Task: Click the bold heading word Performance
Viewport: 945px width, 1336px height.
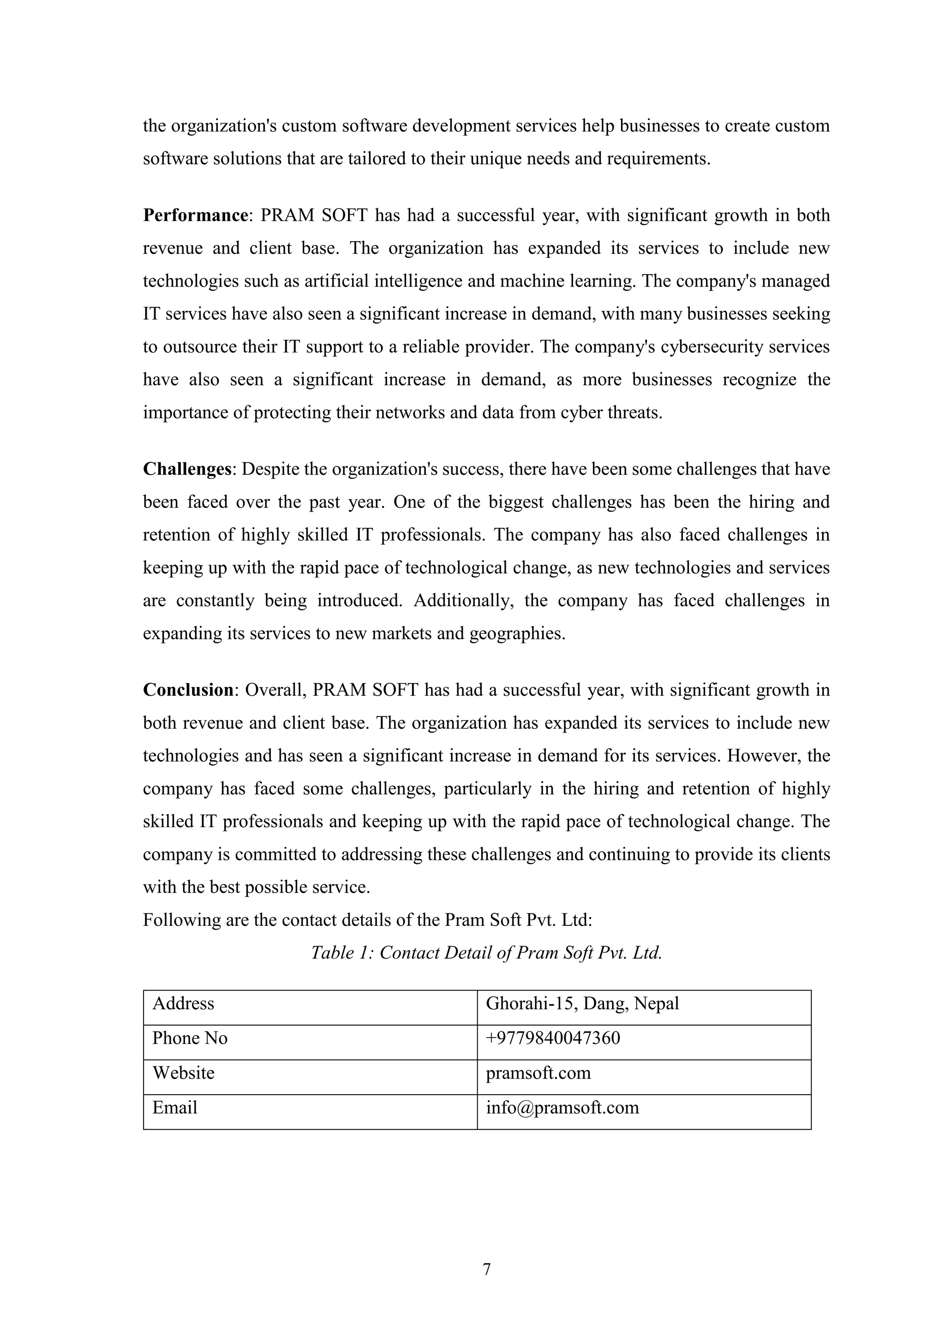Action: [x=196, y=216]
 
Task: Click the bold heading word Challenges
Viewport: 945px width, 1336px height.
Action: [x=187, y=469]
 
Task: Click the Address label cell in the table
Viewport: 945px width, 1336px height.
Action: [x=183, y=1003]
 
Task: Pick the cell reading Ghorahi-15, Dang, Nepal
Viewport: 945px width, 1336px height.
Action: [x=582, y=1003]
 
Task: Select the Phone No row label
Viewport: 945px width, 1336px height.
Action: [x=190, y=1038]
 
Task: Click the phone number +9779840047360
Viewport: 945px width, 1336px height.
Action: [x=553, y=1038]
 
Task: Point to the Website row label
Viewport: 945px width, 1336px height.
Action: [x=183, y=1073]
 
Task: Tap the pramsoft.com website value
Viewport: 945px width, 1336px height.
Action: [x=538, y=1073]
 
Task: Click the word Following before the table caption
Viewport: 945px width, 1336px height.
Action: [x=179, y=920]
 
